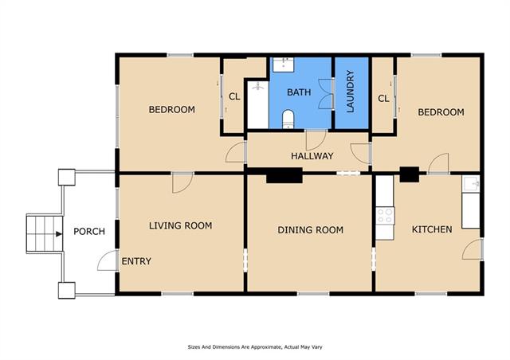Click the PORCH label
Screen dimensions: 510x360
[89, 232]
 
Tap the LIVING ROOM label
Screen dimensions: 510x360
[181, 225]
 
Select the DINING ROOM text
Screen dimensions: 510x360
[310, 230]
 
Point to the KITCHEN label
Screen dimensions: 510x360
[432, 229]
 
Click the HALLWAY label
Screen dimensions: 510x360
[312, 156]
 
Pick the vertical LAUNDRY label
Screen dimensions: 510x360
[351, 92]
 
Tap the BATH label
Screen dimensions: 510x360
[299, 92]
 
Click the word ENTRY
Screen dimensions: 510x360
[136, 261]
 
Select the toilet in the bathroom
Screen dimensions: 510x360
[288, 119]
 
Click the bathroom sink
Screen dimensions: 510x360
[284, 65]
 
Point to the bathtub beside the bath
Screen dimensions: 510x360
[258, 104]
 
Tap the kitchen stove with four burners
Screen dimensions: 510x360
[385, 216]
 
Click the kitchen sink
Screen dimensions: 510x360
[471, 184]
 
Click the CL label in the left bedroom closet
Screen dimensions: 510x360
[234, 96]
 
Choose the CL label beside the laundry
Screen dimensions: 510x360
[383, 99]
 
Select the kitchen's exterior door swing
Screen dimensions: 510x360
[472, 250]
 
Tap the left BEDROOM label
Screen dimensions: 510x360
[172, 110]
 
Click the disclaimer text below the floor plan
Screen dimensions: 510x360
[255, 347]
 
